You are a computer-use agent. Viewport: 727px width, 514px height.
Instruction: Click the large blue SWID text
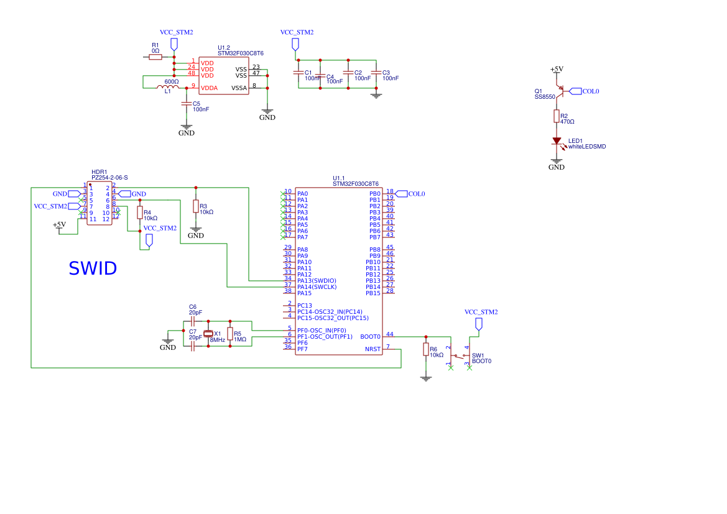[x=93, y=268]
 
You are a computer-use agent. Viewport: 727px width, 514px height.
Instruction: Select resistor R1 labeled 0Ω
[x=155, y=57]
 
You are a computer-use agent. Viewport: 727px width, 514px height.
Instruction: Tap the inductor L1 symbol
[x=166, y=87]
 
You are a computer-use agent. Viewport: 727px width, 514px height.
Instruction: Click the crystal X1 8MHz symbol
[x=208, y=333]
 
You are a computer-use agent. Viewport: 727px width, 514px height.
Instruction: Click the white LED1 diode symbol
[x=557, y=142]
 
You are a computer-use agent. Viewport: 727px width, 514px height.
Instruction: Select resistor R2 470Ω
[x=557, y=116]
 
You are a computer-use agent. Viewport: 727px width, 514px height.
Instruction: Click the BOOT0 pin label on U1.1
[x=370, y=337]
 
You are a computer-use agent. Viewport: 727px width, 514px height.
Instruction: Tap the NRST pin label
[x=373, y=349]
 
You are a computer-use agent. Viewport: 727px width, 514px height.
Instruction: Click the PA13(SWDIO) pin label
[x=317, y=281]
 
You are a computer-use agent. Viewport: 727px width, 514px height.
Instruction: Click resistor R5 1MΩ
[x=230, y=334]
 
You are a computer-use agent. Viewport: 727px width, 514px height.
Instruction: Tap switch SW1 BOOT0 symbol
[x=461, y=357]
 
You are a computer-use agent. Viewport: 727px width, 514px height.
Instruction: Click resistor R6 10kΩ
[x=426, y=349]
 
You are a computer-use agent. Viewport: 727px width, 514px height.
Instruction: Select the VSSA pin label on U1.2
[x=239, y=88]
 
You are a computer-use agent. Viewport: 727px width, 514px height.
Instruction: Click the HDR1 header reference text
[x=100, y=172]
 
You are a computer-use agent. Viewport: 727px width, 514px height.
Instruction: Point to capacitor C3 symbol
[x=375, y=73]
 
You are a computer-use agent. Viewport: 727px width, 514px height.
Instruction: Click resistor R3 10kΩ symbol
[x=196, y=206]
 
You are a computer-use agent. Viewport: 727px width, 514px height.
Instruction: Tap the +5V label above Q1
[x=557, y=69]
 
